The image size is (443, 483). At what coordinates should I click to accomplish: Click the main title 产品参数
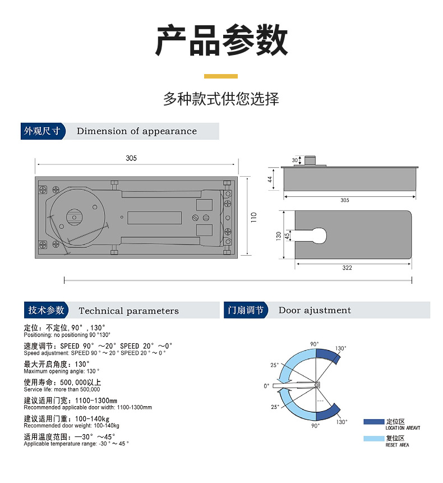point(221,40)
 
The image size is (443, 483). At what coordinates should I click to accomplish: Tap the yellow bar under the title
point(221,76)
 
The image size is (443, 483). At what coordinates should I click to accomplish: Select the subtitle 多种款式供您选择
point(221,99)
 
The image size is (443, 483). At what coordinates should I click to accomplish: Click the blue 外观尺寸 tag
point(41,131)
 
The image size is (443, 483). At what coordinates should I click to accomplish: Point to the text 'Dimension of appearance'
point(137,131)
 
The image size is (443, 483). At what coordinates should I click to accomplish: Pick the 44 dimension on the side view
point(270,180)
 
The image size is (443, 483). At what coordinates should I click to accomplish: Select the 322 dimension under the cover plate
point(347,268)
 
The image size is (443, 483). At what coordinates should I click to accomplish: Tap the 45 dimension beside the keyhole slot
point(288,235)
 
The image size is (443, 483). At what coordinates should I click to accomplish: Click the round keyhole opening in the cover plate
point(320,235)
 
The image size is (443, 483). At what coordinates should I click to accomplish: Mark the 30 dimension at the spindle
point(295,160)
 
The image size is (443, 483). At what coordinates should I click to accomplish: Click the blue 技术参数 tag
point(46,310)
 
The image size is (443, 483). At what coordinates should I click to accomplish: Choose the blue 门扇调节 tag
point(245,310)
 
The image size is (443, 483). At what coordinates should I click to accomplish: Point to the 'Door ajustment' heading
point(315,310)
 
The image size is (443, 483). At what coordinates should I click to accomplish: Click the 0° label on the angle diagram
point(266,386)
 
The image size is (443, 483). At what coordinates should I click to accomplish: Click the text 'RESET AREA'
point(397,445)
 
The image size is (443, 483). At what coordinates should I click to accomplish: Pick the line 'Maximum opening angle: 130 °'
point(62,371)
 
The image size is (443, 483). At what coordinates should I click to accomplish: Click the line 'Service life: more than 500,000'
point(62,389)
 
